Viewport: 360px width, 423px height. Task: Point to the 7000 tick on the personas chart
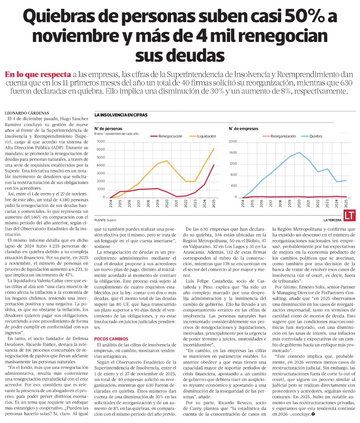100,142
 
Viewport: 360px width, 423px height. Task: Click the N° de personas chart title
108,129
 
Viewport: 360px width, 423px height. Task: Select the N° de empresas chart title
244,129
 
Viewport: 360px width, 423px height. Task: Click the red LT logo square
348,215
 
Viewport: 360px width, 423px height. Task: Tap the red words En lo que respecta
37,75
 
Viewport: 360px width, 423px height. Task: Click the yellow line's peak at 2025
214,148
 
